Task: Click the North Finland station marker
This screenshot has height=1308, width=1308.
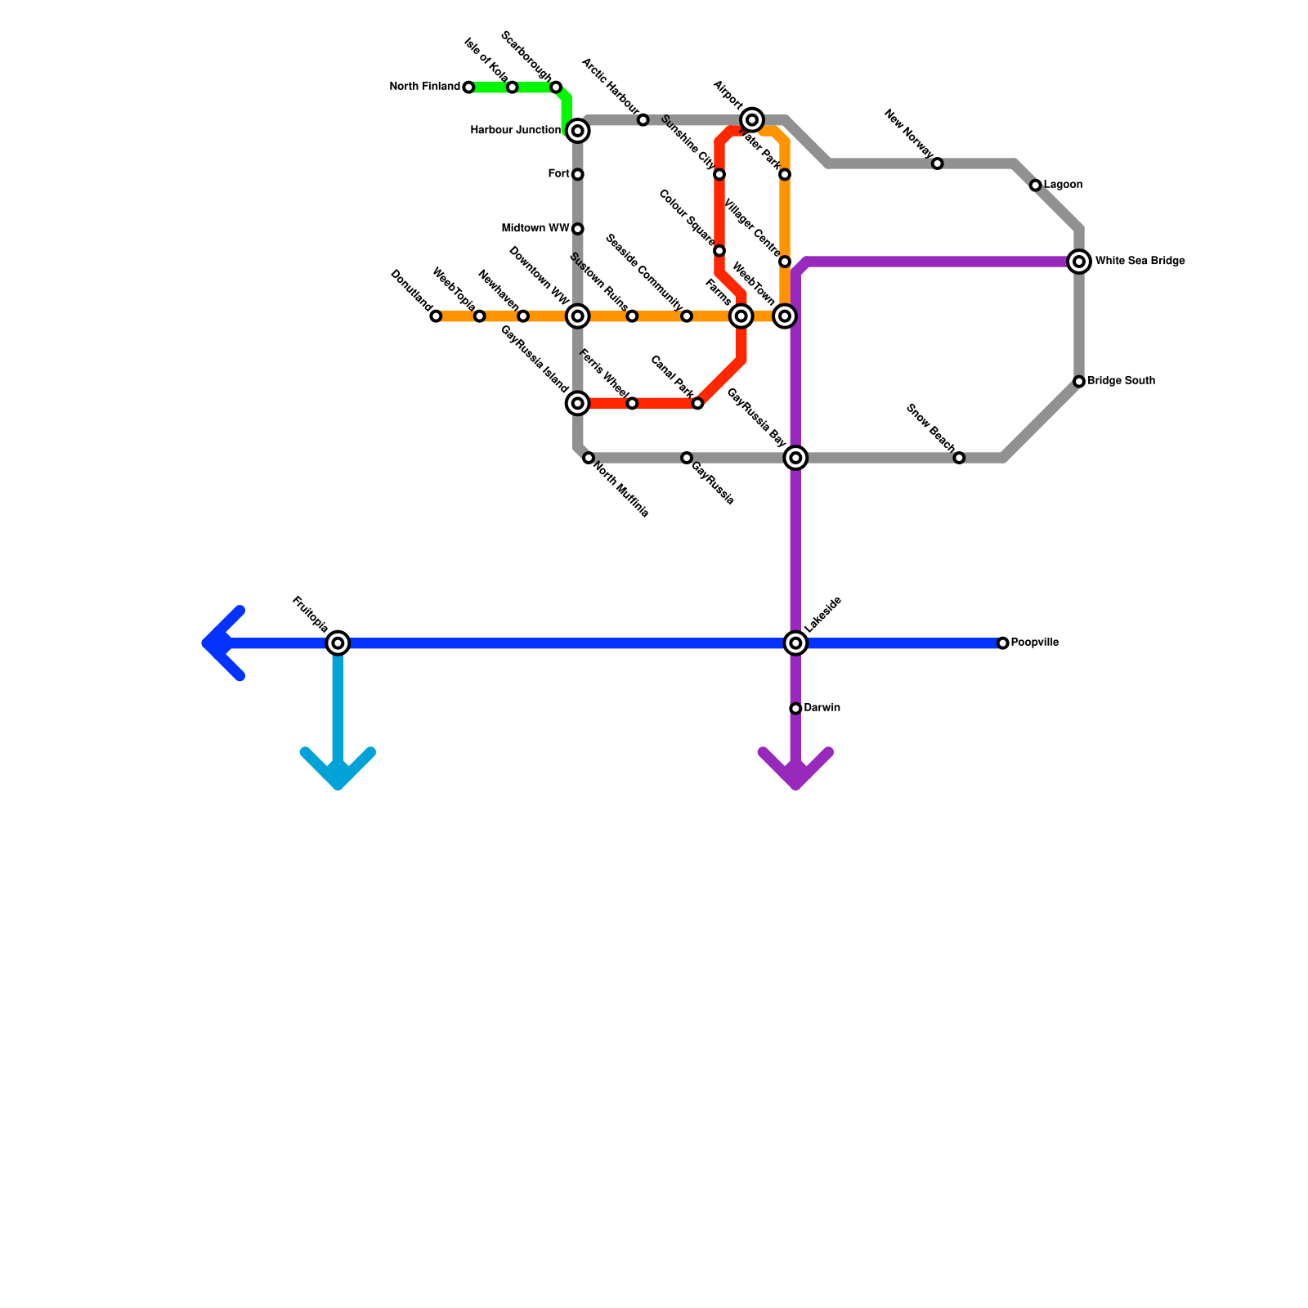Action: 468,87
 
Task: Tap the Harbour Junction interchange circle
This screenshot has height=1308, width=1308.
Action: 578,131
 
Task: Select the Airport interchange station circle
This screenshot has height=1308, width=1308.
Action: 752,120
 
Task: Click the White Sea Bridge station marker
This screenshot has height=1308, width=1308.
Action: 1079,262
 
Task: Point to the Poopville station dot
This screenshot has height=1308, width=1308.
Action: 1003,643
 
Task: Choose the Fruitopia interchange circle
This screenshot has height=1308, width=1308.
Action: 338,643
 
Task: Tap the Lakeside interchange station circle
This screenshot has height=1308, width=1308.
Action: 795,643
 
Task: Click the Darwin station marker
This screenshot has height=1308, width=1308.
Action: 795,708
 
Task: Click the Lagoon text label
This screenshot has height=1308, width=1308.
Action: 1063,186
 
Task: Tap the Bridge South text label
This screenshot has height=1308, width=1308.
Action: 1121,381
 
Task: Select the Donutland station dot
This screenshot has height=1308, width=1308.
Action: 436,316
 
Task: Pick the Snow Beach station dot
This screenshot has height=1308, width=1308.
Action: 959,458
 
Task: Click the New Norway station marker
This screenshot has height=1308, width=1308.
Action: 938,163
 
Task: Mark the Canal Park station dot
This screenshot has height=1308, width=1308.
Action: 697,404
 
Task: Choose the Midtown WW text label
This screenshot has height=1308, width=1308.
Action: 535,229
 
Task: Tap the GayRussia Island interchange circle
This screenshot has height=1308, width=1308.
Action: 578,403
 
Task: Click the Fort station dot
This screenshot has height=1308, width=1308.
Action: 578,174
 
